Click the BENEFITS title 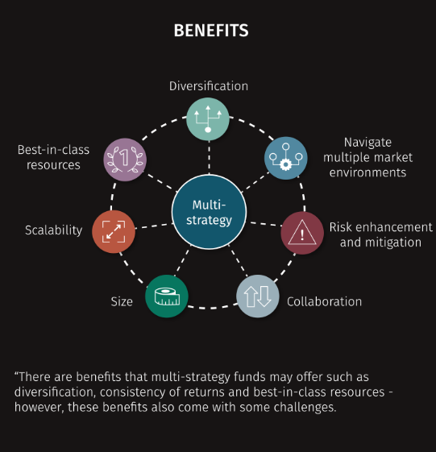211,31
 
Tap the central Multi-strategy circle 209,212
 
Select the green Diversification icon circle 208,119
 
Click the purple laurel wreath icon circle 125,160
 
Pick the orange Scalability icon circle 114,231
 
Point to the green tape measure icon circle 167,296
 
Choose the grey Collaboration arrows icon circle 258,296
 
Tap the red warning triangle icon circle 302,233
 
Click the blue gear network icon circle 286,158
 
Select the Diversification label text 209,86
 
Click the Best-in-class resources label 54,157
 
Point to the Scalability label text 54,230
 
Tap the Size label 122,301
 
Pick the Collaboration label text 325,301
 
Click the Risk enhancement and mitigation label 381,234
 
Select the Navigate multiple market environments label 368,157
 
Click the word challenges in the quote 305,408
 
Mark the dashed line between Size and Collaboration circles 212,308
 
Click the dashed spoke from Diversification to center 209,158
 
